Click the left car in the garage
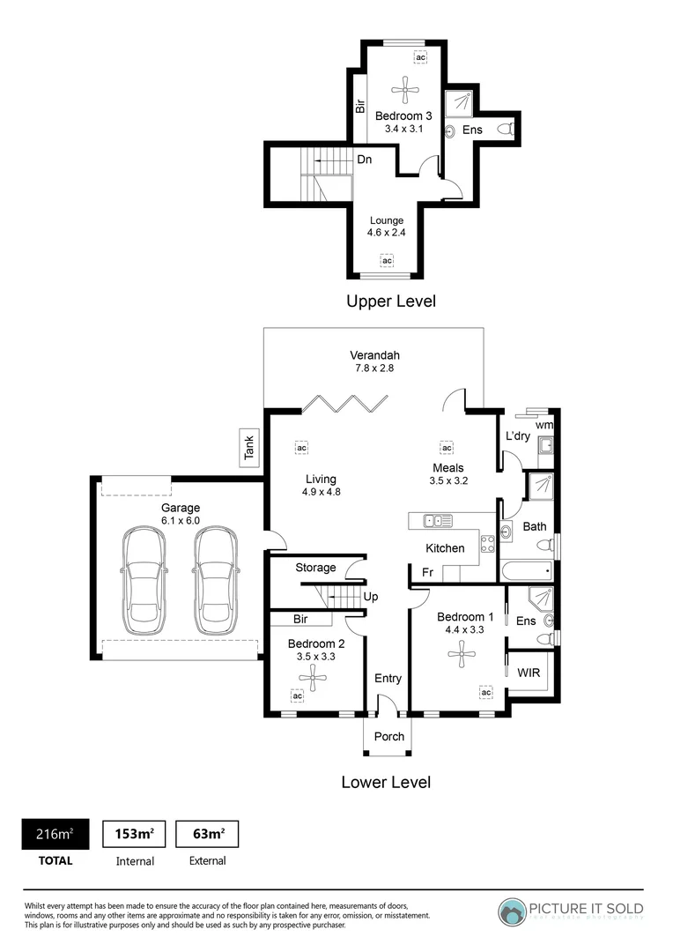click(141, 581)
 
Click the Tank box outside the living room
click(249, 448)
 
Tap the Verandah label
click(370, 356)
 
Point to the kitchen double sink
click(438, 521)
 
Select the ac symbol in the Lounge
click(386, 260)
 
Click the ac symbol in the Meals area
click(447, 447)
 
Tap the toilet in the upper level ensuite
click(505, 130)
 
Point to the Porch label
click(388, 736)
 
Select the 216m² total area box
click(55, 833)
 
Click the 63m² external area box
click(207, 833)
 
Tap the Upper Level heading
click(391, 301)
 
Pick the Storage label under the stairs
click(314, 568)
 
